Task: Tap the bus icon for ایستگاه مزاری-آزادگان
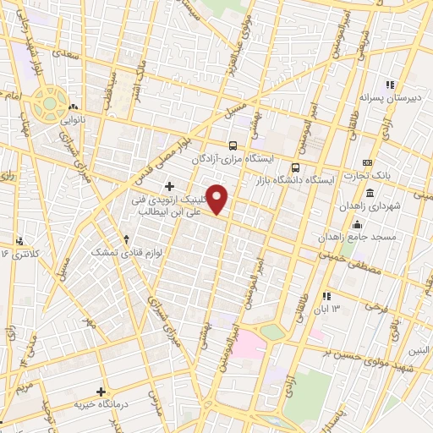tap(233, 145)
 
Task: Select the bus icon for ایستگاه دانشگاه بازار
tap(295, 167)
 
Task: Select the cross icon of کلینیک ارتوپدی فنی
tap(170, 185)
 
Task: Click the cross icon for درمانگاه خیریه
tap(101, 392)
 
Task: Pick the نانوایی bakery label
tap(70, 120)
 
